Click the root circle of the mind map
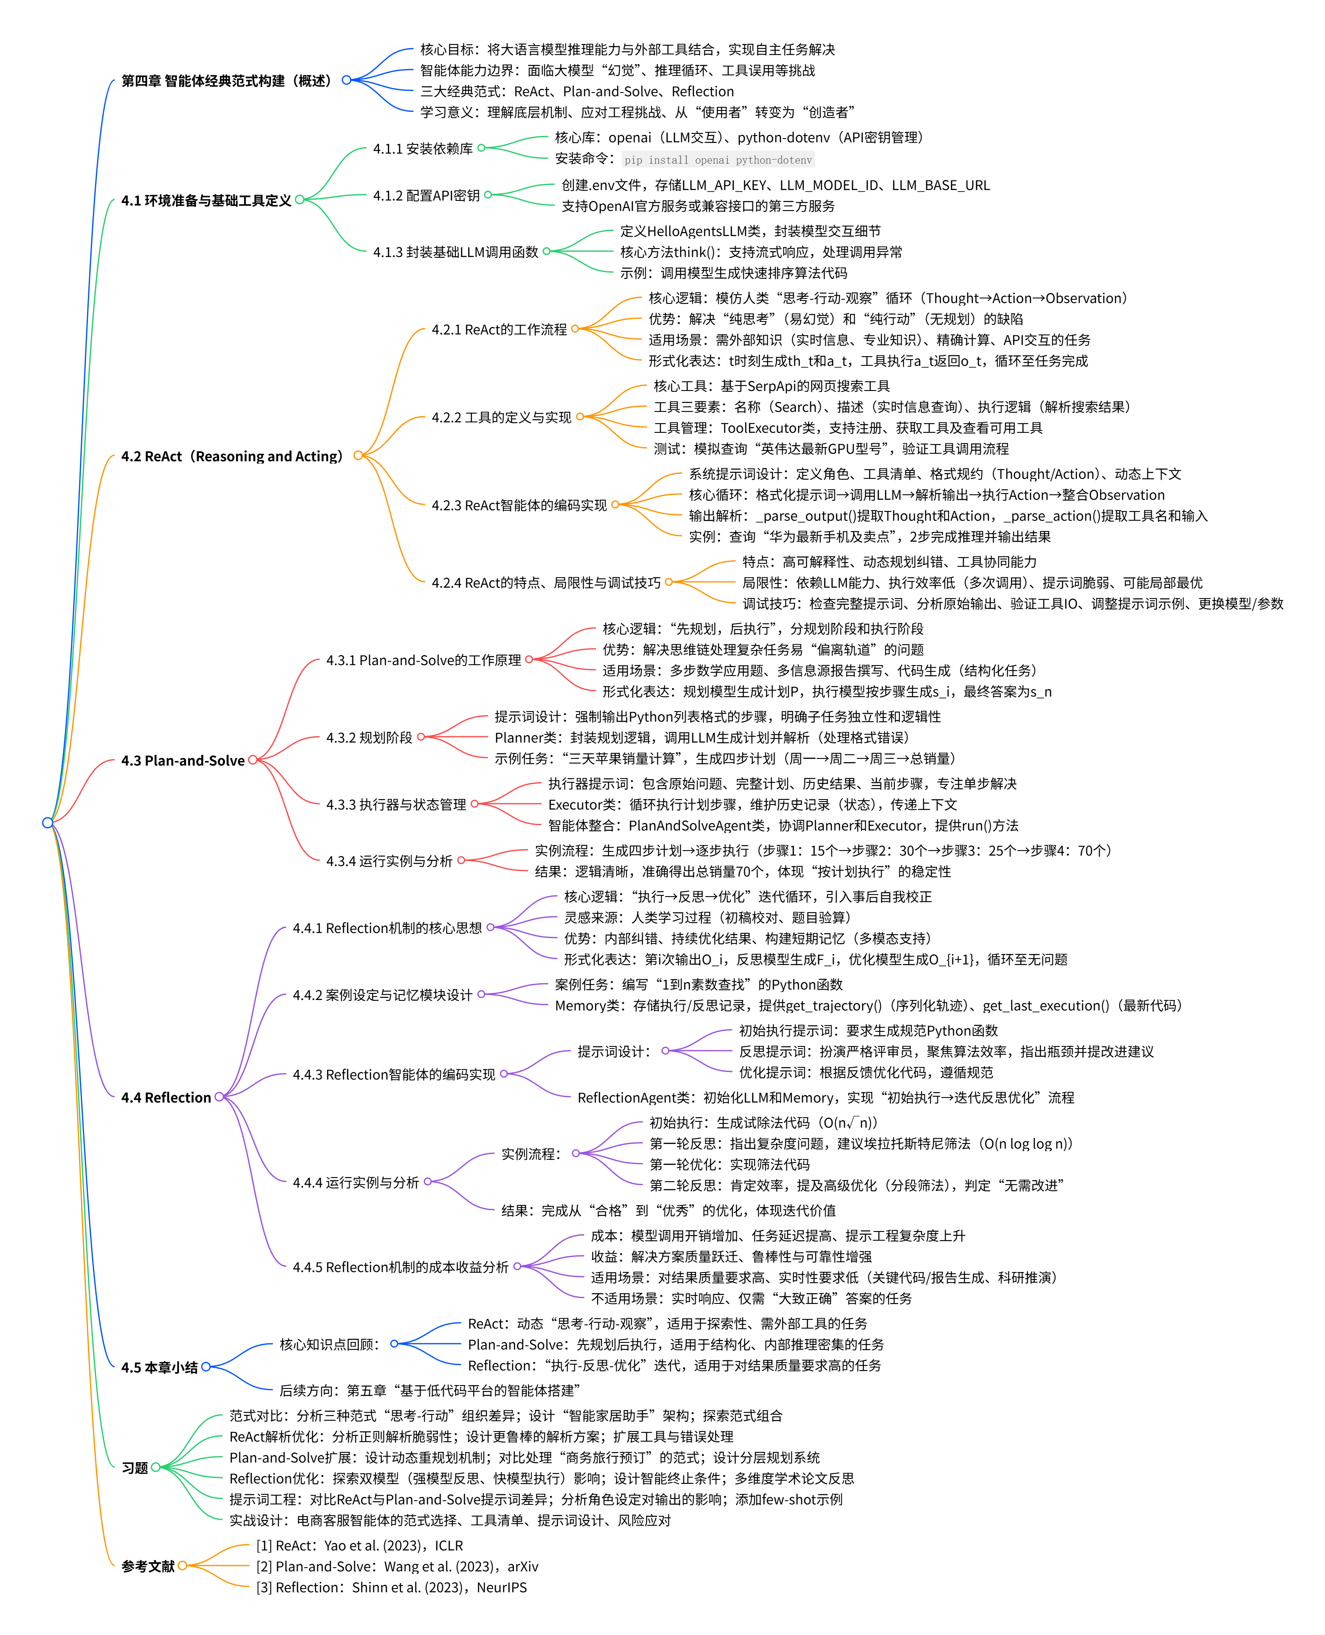(47, 822)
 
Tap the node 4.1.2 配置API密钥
(426, 195)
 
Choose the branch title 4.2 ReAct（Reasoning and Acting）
(232, 456)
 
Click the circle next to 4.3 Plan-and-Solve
(253, 759)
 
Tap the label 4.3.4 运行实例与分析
(389, 861)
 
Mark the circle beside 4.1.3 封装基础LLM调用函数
(547, 251)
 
